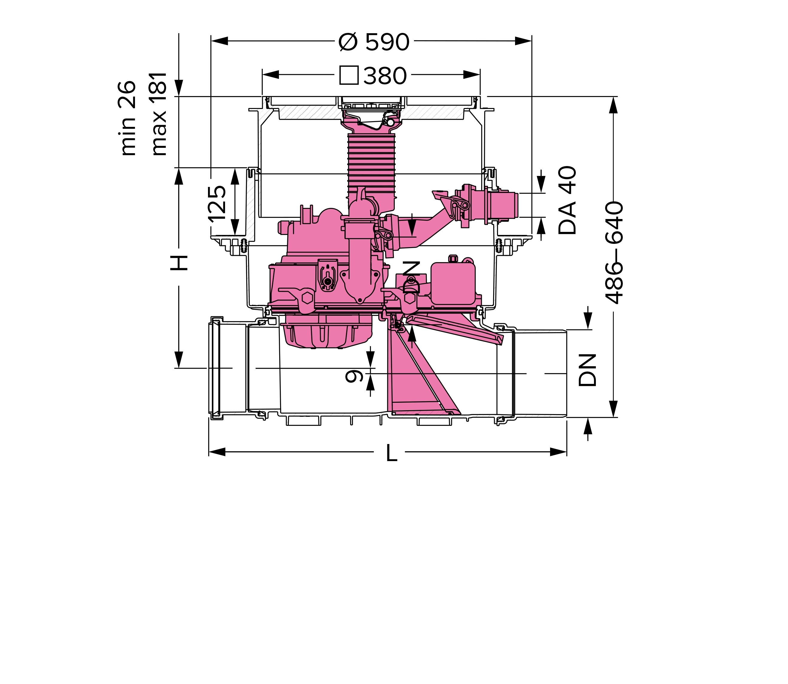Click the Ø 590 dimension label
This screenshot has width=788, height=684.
point(374,42)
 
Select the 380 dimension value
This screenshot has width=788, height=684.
point(385,76)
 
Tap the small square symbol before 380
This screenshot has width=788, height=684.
point(349,75)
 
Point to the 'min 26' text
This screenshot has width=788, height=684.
point(127,118)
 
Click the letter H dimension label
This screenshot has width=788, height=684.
point(179,263)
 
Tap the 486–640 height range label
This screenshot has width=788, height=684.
point(615,253)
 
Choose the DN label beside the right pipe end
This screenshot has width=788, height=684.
point(587,370)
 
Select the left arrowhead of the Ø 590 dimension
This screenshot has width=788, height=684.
point(220,41)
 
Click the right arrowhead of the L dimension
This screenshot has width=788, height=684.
point(558,452)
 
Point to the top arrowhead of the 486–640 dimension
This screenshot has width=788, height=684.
point(613,105)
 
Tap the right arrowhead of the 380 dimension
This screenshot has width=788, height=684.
point(471,75)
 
